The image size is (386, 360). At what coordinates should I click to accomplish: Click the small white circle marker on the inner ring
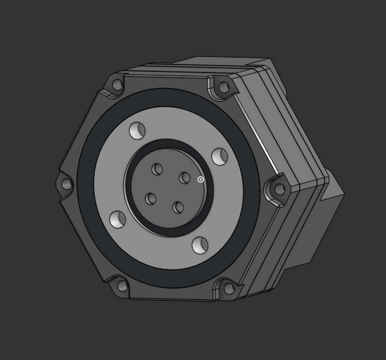pyautogui.click(x=201, y=180)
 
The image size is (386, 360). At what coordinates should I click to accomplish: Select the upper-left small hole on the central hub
pyautogui.click(x=157, y=169)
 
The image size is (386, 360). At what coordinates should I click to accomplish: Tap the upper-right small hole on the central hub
pyautogui.click(x=185, y=178)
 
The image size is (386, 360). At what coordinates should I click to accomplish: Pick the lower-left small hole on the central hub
pyautogui.click(x=151, y=199)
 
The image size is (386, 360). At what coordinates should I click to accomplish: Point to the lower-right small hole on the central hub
pyautogui.click(x=178, y=208)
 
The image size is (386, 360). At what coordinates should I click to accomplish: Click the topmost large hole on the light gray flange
pyautogui.click(x=137, y=131)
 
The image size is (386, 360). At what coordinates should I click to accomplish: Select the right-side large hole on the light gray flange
pyautogui.click(x=219, y=156)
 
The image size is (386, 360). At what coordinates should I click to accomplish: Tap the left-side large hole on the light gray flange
pyautogui.click(x=118, y=219)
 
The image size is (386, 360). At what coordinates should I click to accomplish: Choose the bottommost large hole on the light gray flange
pyautogui.click(x=200, y=245)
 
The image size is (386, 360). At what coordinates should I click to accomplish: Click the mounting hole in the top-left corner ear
pyautogui.click(x=117, y=85)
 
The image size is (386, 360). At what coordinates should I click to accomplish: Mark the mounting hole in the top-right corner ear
pyautogui.click(x=224, y=87)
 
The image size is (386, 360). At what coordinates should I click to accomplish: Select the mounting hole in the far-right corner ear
pyautogui.click(x=279, y=189)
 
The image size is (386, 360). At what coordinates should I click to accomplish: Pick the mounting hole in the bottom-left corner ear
pyautogui.click(x=122, y=286)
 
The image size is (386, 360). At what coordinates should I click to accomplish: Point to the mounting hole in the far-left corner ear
pyautogui.click(x=67, y=184)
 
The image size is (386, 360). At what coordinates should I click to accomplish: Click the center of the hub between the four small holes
pyautogui.click(x=167, y=188)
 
